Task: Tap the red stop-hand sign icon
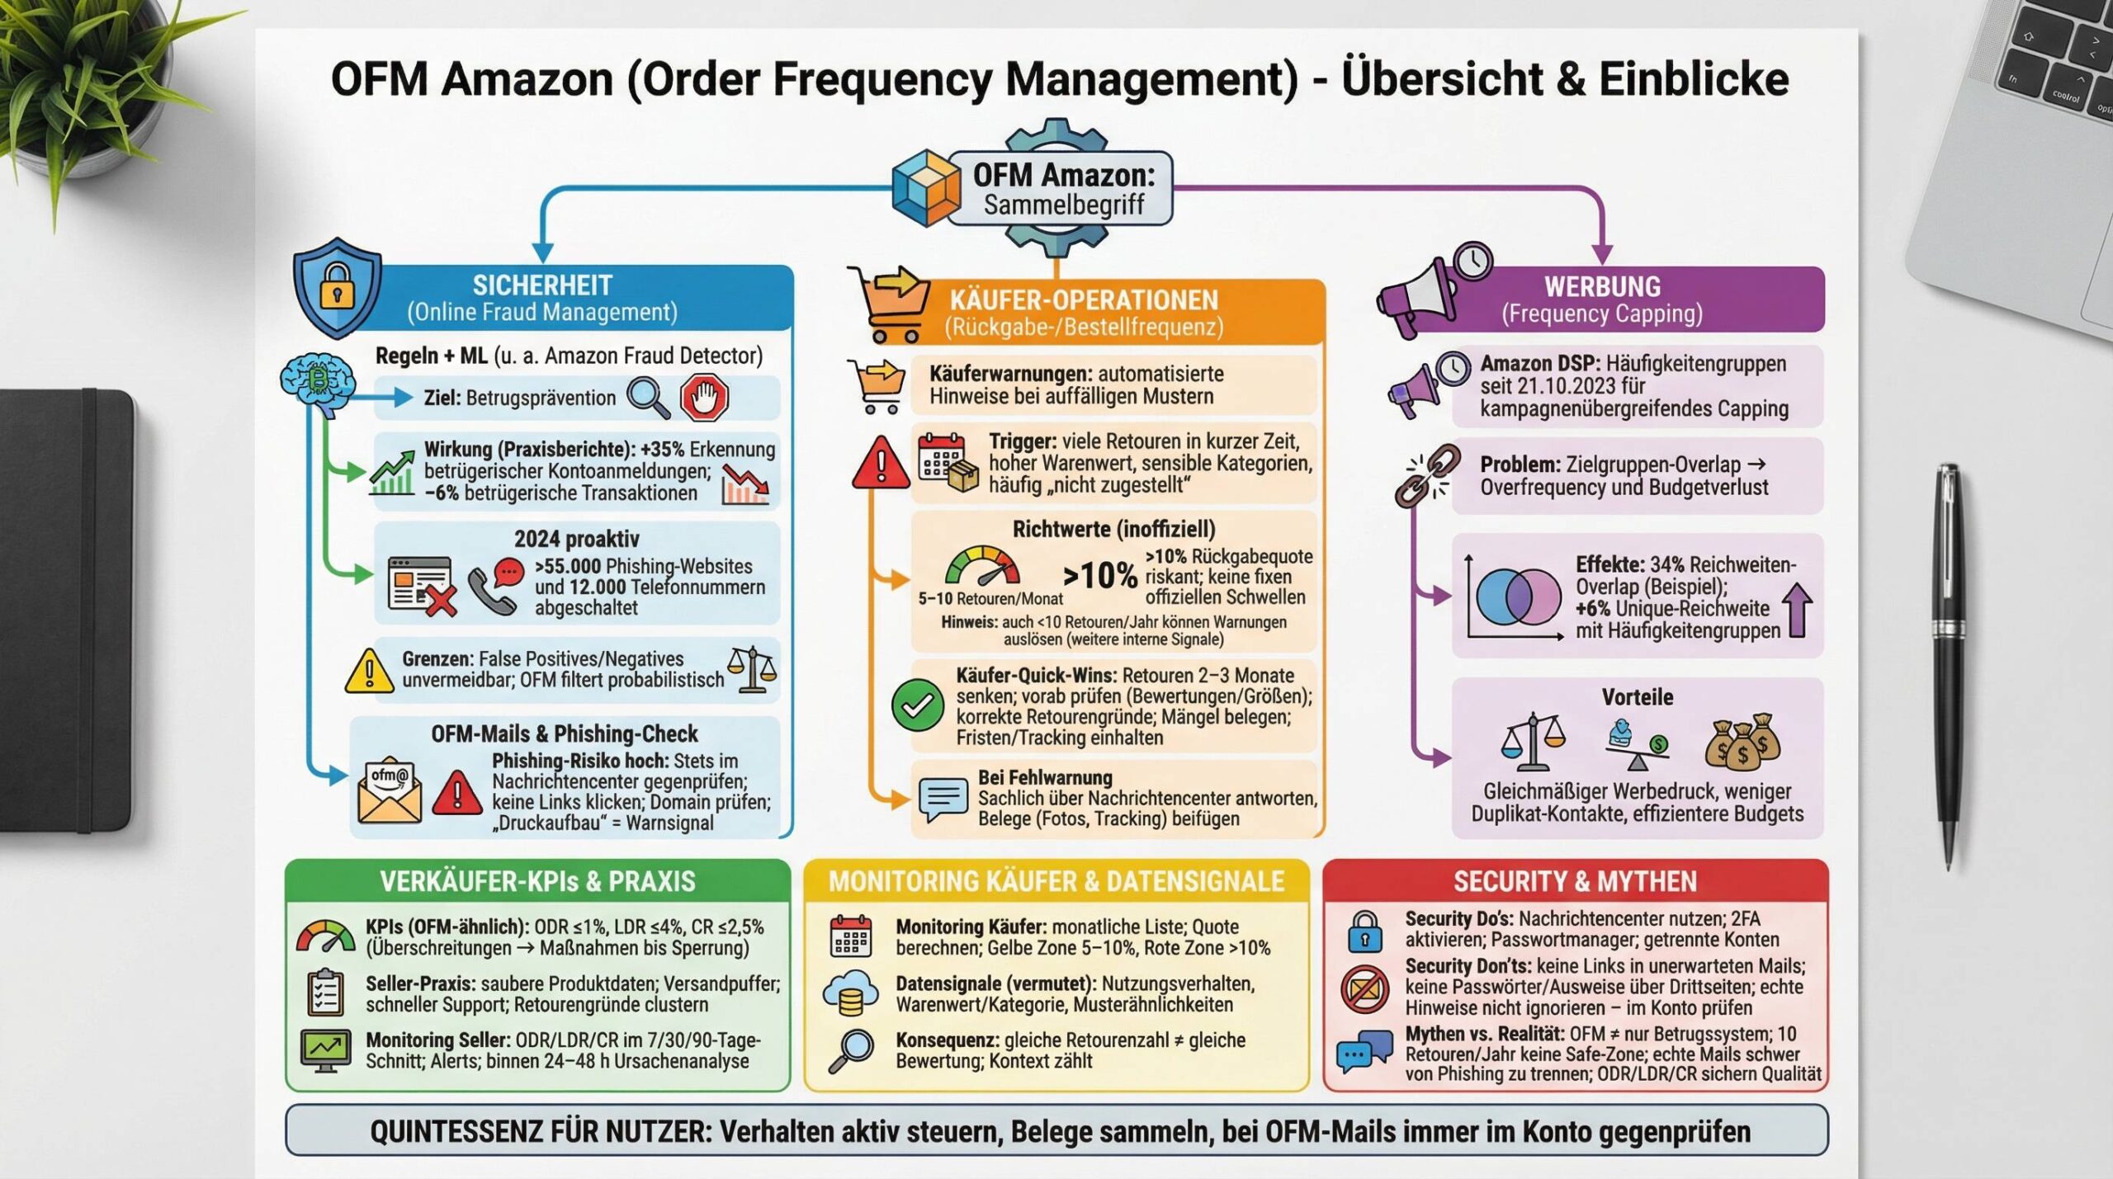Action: pos(704,397)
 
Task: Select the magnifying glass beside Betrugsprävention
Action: pos(648,397)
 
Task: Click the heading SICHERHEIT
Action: pos(542,285)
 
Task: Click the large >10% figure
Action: pos(1099,575)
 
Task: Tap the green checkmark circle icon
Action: pos(917,705)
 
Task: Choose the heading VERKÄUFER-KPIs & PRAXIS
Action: pos(537,881)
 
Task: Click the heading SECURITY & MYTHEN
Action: pos(1575,881)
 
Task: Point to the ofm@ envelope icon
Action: pos(390,790)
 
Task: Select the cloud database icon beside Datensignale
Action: pos(850,993)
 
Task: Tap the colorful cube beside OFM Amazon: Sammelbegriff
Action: pos(926,187)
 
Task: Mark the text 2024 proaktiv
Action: pos(576,539)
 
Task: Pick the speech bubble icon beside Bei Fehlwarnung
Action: pos(943,799)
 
